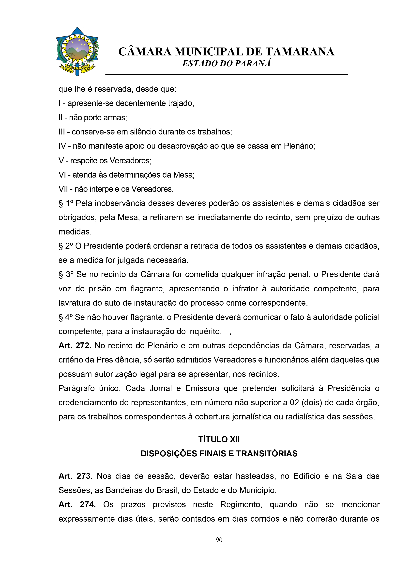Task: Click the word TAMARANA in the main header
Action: tap(300, 52)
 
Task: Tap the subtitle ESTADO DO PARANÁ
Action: tap(226, 64)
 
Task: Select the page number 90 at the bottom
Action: tap(219, 540)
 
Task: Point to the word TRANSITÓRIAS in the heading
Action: tap(267, 453)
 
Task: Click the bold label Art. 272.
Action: tap(75, 346)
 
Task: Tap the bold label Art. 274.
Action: tap(77, 504)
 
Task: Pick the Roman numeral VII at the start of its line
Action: tap(63, 189)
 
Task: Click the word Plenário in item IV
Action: tap(299, 146)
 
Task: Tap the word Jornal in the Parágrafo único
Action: tap(160, 388)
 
